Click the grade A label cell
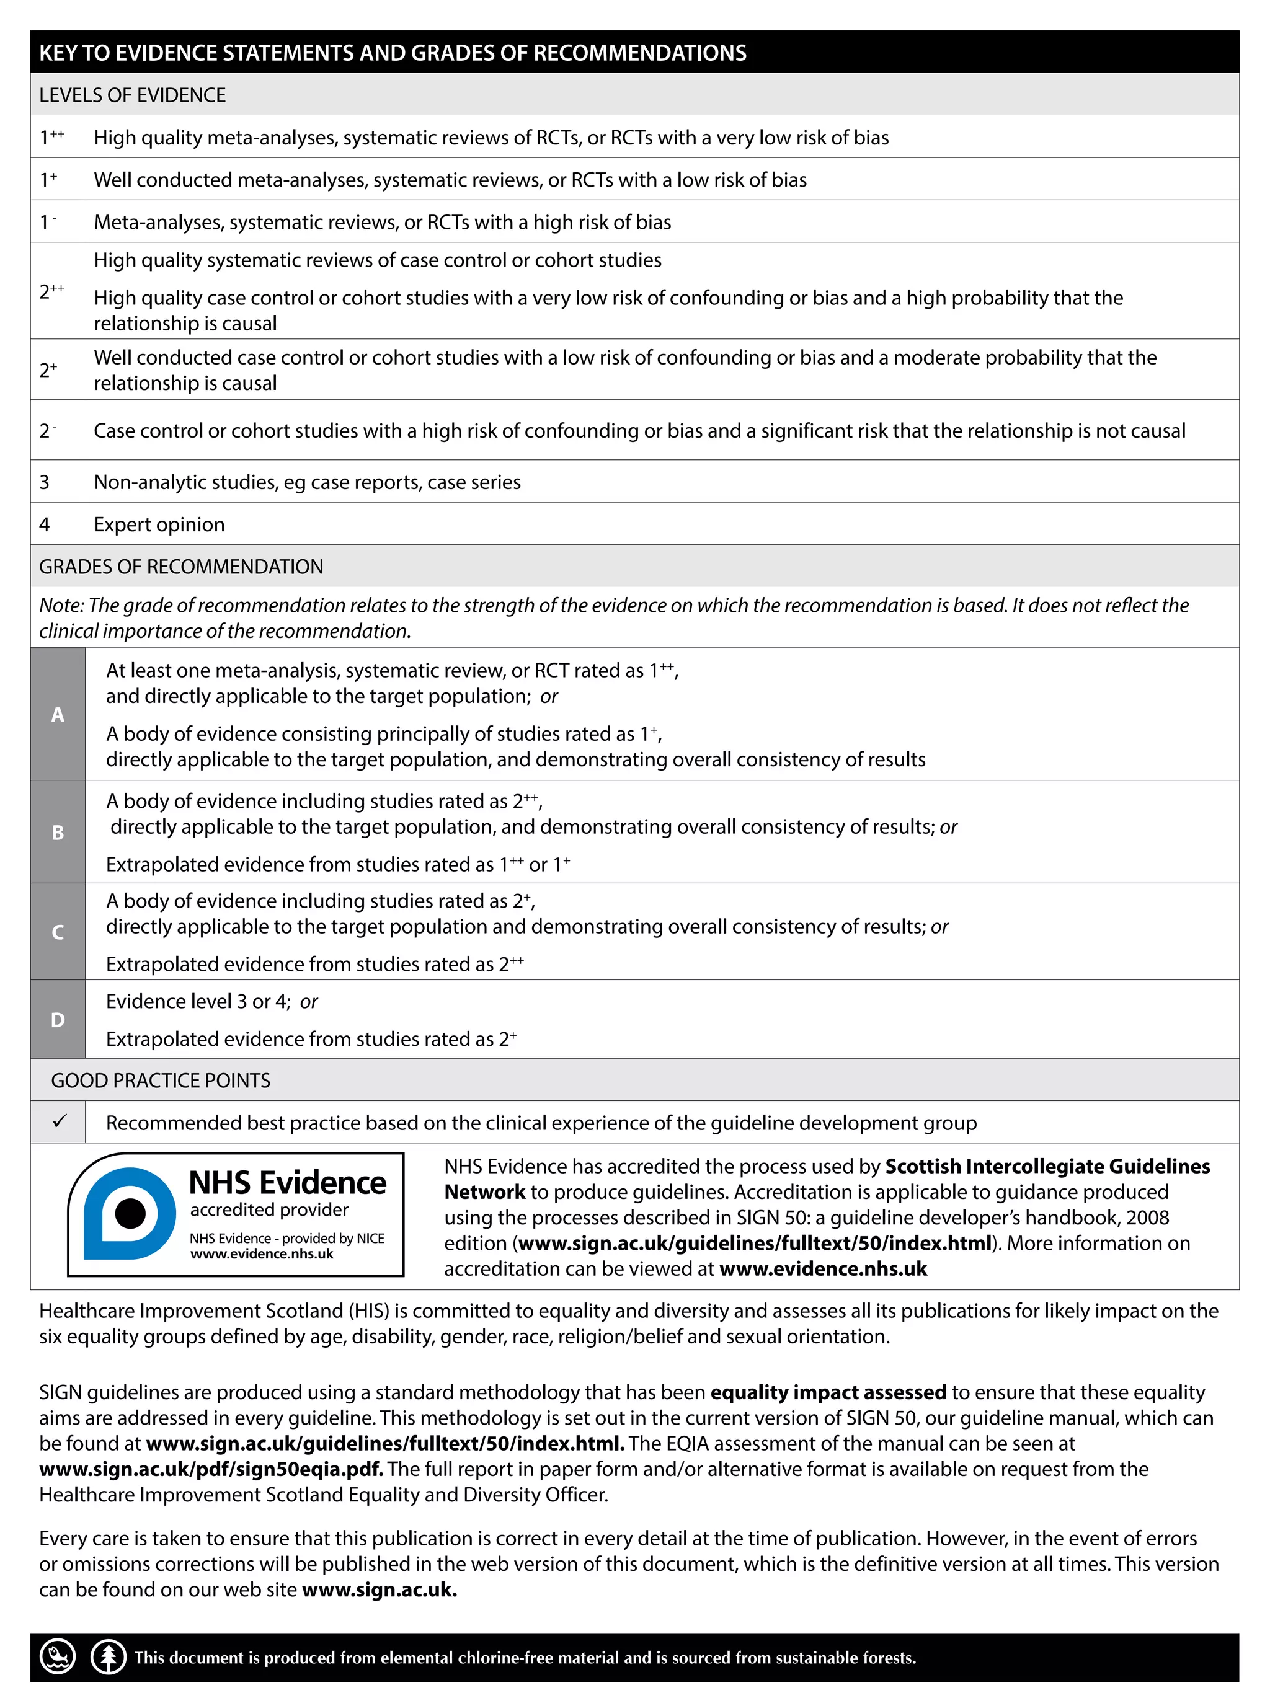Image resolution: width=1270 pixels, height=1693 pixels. pos(58,714)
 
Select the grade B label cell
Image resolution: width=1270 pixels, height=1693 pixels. pos(58,832)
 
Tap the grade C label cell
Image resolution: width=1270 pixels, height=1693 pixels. pos(58,932)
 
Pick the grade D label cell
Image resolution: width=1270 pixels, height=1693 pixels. pos(58,1020)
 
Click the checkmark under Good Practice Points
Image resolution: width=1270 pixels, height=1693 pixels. pos(59,1121)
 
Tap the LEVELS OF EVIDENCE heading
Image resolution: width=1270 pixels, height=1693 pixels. pos(133,95)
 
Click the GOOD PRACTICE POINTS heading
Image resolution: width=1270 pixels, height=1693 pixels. pos(161,1080)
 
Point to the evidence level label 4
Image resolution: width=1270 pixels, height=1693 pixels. pos(45,524)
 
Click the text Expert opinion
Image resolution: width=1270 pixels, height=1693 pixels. pos(159,524)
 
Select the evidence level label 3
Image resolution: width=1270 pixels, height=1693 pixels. pos(45,482)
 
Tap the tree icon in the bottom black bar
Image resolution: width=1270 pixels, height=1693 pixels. pos(108,1657)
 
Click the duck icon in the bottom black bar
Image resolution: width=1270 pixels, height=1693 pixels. pos(58,1657)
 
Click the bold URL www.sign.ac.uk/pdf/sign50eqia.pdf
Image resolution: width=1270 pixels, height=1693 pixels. pos(210,1469)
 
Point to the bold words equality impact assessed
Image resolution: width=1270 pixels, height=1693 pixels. pos(828,1392)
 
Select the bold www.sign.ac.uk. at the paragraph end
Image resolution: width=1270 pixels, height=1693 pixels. pos(379,1589)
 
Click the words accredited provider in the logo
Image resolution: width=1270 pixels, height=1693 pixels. pos(270,1209)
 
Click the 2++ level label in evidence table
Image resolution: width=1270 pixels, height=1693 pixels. pos(51,291)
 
